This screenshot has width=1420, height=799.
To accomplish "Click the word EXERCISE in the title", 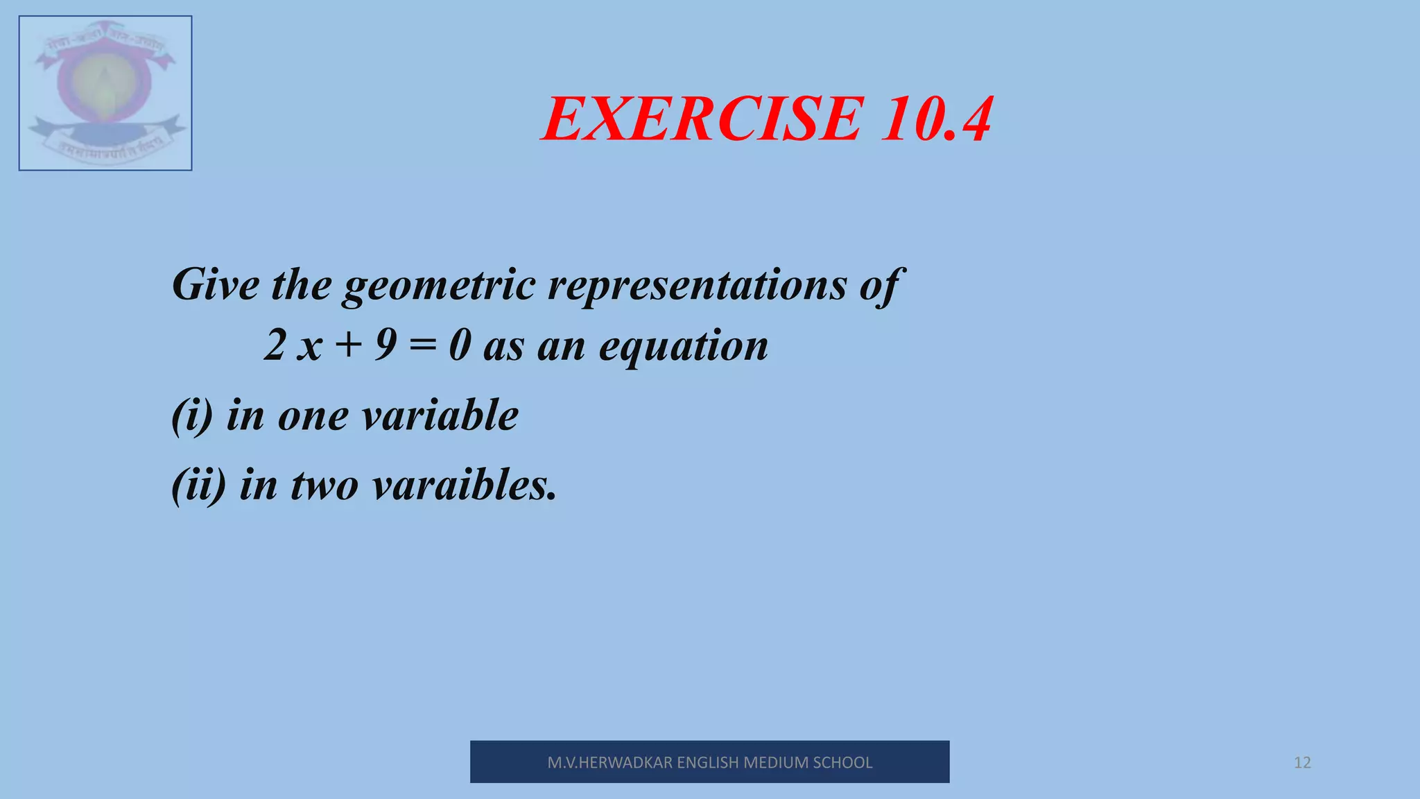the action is click(x=702, y=120).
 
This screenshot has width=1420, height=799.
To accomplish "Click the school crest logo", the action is click(x=105, y=93).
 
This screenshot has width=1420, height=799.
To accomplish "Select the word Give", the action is click(x=216, y=284).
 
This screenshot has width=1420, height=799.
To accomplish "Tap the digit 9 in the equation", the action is click(x=386, y=345).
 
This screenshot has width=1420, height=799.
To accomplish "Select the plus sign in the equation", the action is click(x=349, y=345).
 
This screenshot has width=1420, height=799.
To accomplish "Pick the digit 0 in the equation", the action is click(x=460, y=345).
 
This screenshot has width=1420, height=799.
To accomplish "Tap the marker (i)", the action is click(x=192, y=416).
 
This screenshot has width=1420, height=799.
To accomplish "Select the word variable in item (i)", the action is click(x=440, y=415).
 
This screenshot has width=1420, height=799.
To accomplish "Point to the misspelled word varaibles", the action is click(x=464, y=485).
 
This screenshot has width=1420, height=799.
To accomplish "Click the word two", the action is click(x=324, y=486).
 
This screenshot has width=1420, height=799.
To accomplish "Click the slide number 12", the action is click(x=1302, y=763).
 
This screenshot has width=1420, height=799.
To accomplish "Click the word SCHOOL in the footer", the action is click(x=842, y=763).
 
